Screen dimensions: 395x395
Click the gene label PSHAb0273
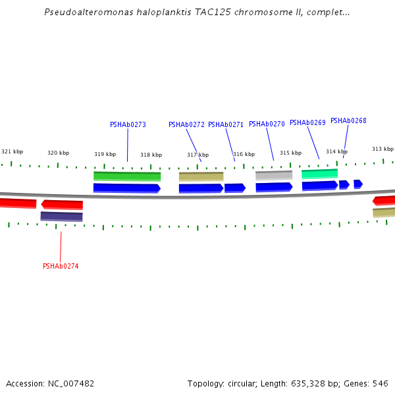coord(128,124)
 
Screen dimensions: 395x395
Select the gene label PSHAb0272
coord(186,124)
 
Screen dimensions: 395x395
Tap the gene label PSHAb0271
coord(226,124)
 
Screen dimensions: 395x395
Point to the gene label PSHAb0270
coord(267,124)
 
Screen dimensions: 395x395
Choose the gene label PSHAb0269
coord(307,122)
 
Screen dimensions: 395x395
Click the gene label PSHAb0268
coord(348,120)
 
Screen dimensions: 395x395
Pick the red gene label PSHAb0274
coord(61,266)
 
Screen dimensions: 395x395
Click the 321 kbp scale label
coord(12,151)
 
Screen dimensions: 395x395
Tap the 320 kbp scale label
coord(58,153)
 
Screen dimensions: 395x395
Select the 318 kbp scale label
coord(151,155)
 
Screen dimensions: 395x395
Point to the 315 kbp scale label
coord(290,153)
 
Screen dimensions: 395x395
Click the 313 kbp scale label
coord(382,149)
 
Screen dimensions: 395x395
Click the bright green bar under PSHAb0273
coord(127,176)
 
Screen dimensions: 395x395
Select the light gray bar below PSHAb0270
coord(274,175)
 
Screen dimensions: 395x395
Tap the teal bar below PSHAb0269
coord(319,174)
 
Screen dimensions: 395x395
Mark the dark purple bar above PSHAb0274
coord(61,216)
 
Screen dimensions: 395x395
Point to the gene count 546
coord(381,383)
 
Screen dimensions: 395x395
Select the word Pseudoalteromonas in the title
coord(84,12)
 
